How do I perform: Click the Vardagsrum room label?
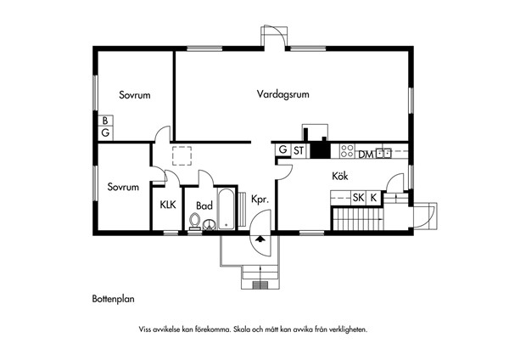(282, 94)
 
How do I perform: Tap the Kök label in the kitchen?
(340, 176)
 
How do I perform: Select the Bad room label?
(204, 205)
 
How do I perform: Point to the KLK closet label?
(168, 205)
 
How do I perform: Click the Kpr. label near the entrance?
(260, 199)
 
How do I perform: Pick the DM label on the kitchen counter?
(366, 155)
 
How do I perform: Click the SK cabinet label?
(358, 197)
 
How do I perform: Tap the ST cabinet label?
(299, 150)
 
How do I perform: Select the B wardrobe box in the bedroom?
(105, 121)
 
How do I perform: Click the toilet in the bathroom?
(195, 222)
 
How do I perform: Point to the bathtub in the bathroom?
(226, 208)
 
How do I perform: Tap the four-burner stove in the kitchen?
(347, 151)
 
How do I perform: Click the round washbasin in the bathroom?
(210, 224)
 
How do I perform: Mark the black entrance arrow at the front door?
(260, 239)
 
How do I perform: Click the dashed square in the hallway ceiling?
(182, 156)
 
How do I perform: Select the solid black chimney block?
(321, 150)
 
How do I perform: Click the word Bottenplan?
(114, 299)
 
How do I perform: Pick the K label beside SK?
(373, 197)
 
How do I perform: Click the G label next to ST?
(283, 149)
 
